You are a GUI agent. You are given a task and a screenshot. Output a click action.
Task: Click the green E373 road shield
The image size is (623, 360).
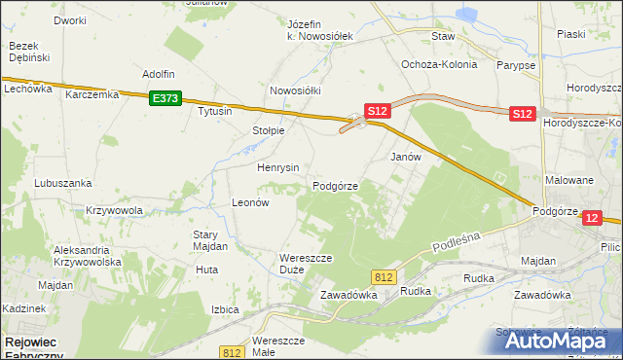click(165, 98)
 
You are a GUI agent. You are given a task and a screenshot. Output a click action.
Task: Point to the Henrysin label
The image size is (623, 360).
click(277, 167)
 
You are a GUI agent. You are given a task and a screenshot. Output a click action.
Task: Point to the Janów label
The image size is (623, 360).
click(405, 157)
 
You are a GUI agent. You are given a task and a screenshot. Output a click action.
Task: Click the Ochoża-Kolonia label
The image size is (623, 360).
click(439, 65)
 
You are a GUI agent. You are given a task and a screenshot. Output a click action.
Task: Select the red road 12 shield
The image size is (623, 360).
click(593, 219)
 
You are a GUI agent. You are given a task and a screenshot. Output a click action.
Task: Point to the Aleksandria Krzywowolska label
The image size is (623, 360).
click(86, 256)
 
